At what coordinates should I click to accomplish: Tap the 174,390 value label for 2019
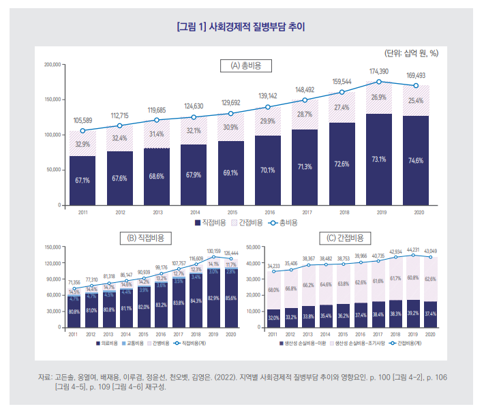coord(379,71)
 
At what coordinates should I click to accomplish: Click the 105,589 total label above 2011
coord(82,120)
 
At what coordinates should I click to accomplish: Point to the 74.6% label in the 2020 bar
coord(416,161)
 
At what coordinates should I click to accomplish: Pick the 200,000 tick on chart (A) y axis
coord(52,65)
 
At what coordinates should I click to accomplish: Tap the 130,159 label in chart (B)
coord(214,251)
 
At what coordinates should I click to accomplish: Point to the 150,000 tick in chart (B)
coord(52,247)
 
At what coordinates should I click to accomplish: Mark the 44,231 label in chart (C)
coord(413,250)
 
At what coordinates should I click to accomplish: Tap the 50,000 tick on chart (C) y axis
coord(253,247)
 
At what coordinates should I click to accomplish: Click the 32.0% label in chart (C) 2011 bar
coord(273,318)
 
